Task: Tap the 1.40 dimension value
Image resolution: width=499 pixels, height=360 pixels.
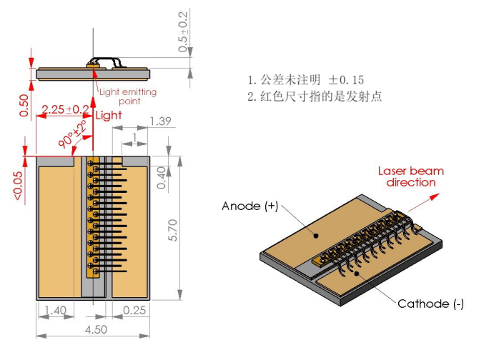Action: [x=55, y=311]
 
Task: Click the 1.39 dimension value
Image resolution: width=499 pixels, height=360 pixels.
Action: [x=159, y=122]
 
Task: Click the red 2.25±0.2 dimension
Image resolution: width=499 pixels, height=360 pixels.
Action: [x=65, y=110]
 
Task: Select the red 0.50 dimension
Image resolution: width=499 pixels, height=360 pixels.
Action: [x=24, y=105]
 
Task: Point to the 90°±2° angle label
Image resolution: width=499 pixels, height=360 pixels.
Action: [x=74, y=133]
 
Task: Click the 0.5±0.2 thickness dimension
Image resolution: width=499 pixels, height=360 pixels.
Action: [x=184, y=32]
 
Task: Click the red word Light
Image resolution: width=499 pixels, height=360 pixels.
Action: [x=109, y=115]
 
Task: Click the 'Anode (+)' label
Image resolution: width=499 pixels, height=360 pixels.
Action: [x=249, y=206]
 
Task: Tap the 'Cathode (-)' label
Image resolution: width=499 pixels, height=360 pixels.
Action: [x=430, y=304]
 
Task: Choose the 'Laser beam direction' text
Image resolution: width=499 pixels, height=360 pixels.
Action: [x=410, y=176]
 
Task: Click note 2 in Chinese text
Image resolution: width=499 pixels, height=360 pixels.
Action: [x=315, y=96]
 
